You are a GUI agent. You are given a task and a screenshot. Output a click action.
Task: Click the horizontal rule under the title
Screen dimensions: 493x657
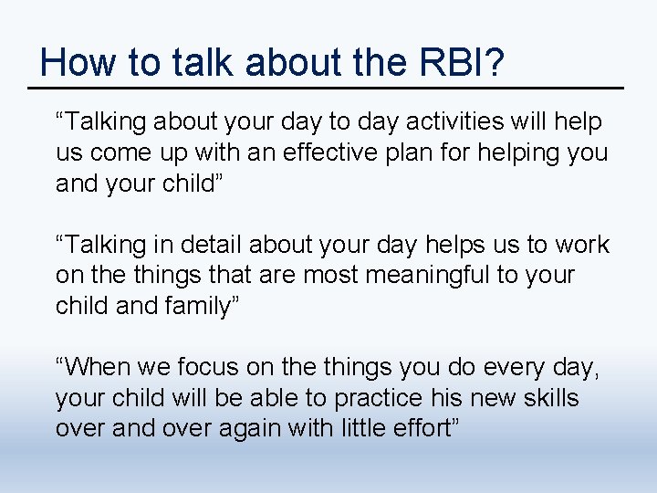click(326, 89)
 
